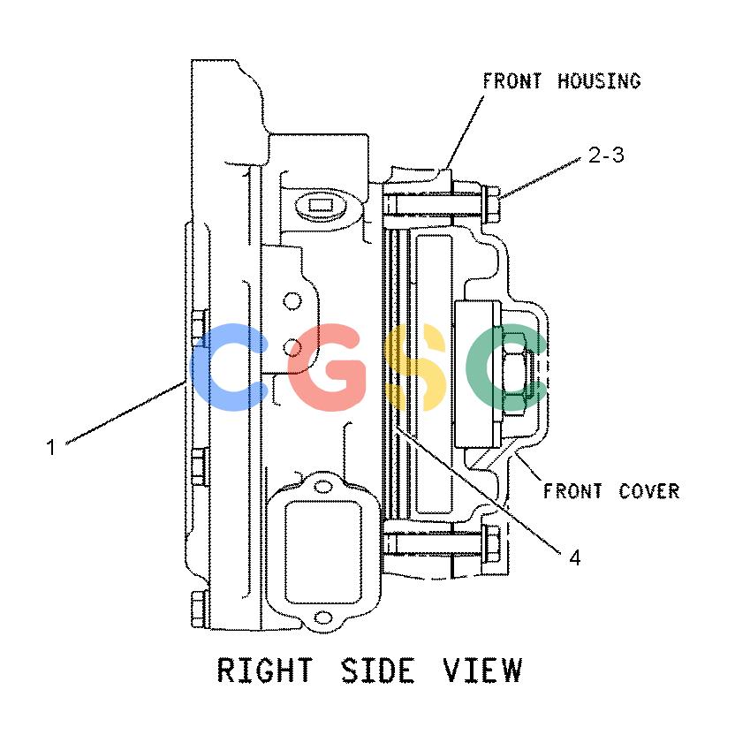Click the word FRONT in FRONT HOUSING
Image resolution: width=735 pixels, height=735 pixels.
[511, 81]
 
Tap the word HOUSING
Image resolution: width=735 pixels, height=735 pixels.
[599, 81]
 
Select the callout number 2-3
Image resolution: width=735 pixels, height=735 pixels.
[606, 155]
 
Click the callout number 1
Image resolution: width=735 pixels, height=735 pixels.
[51, 447]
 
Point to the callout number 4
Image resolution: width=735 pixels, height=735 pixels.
[575, 558]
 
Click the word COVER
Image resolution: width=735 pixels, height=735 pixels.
[649, 491]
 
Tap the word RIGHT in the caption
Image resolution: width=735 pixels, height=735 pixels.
[264, 670]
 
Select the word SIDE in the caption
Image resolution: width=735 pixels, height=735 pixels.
[377, 670]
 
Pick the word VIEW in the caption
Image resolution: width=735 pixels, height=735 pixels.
[483, 670]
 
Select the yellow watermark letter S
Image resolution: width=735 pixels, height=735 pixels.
[414, 367]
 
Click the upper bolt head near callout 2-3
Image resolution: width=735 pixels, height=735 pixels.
[491, 204]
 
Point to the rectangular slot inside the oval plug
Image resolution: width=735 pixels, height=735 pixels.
[321, 205]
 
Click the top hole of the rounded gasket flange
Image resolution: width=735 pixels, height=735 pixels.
[323, 487]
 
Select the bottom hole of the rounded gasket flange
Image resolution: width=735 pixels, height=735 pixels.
[323, 618]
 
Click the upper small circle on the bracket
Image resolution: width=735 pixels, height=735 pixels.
[292, 301]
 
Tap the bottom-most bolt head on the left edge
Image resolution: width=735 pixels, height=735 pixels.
[199, 609]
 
